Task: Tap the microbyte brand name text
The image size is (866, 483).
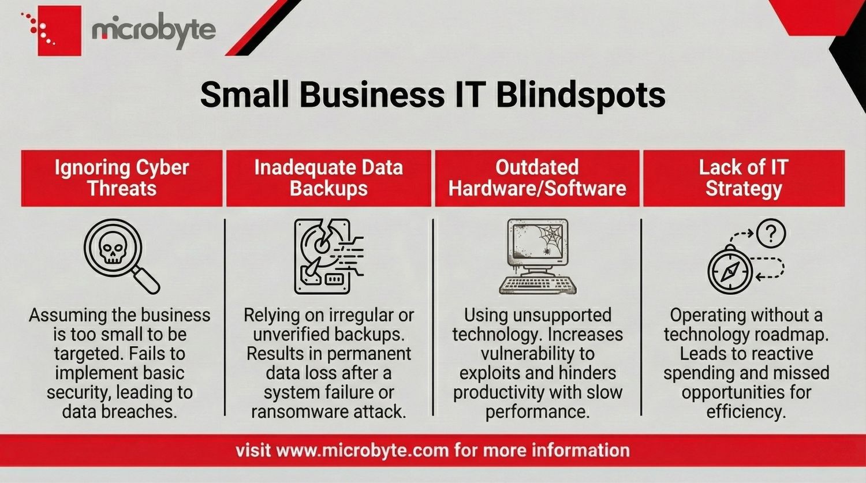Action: click(154, 30)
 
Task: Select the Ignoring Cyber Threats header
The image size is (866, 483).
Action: click(122, 178)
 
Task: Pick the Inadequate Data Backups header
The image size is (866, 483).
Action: click(329, 178)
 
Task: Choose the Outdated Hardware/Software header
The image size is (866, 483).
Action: click(537, 178)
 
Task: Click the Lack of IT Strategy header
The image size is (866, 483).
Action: click(744, 178)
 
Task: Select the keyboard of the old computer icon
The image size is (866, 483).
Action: click(537, 284)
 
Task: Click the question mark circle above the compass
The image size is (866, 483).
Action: click(771, 234)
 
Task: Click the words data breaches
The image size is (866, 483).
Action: click(120, 411)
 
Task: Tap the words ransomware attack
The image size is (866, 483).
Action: click(329, 411)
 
